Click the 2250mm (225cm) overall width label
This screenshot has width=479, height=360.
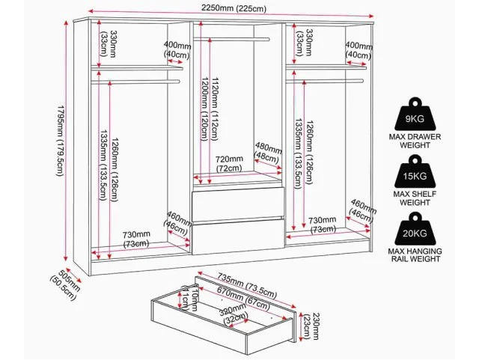point(234,8)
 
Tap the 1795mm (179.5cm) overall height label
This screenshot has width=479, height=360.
point(60,141)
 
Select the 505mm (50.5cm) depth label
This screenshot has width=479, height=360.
point(65,284)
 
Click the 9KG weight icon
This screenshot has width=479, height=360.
point(414,115)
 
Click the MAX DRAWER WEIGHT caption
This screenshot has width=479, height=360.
point(415,141)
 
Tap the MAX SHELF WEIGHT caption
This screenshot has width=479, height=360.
point(415,198)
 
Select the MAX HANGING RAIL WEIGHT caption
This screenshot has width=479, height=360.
point(415,255)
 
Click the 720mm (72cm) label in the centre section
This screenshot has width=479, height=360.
point(229,164)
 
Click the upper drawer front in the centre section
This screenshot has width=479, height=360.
point(238,204)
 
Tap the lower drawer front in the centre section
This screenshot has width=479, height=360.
point(238,237)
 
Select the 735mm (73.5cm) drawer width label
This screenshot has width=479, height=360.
point(248,285)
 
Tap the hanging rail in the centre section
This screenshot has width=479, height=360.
point(231,39)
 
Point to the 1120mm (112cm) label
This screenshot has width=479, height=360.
point(215,109)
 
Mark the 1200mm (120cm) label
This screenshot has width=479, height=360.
point(204,109)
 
